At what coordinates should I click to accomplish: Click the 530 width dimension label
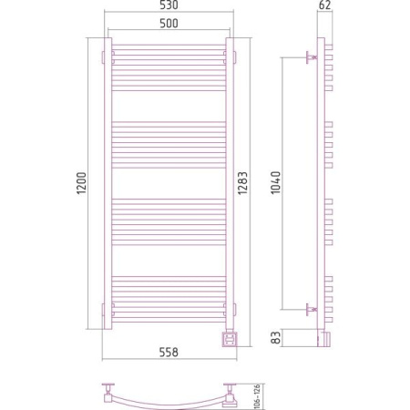pyautogui.click(x=169, y=5)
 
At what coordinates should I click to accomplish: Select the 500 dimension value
pyautogui.click(x=169, y=24)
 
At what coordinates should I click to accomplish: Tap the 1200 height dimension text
pyautogui.click(x=81, y=183)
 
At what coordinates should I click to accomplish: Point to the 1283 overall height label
pyautogui.click(x=242, y=183)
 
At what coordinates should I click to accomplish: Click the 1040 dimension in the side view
pyautogui.click(x=276, y=183)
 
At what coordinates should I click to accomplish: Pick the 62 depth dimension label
pyautogui.click(x=325, y=5)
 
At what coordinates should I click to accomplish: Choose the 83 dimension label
pyautogui.click(x=276, y=337)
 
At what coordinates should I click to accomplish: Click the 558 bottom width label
pyautogui.click(x=169, y=353)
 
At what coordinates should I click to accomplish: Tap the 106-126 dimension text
pyautogui.click(x=257, y=395)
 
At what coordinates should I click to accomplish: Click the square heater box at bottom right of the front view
pyautogui.click(x=230, y=339)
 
